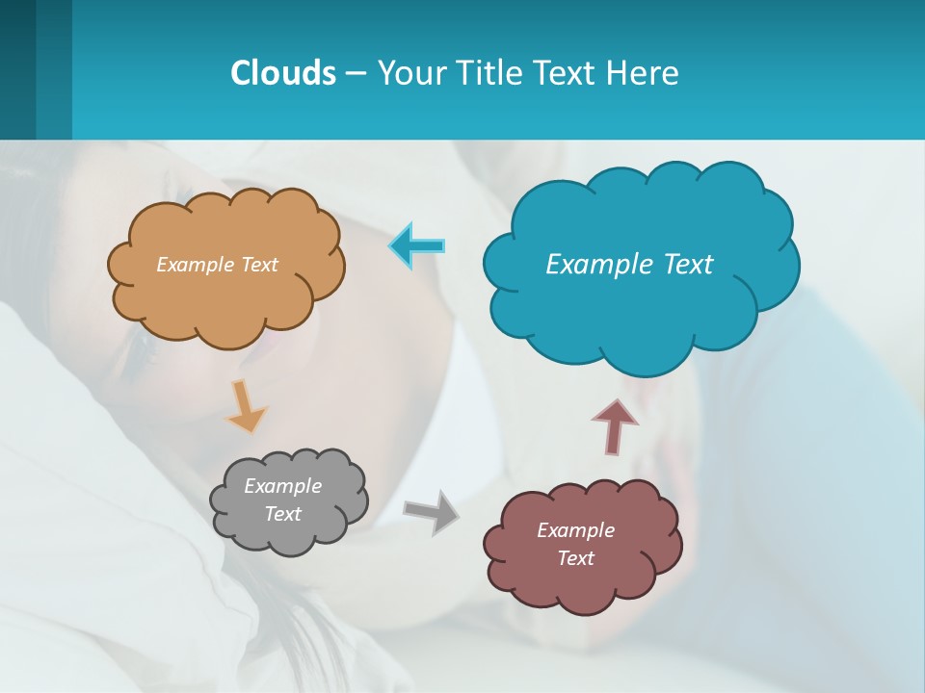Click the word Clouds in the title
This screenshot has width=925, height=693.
(x=282, y=72)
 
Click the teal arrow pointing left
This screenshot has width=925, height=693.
(x=417, y=245)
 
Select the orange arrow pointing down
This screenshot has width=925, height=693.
(x=246, y=405)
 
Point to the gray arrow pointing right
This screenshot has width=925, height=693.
(x=432, y=511)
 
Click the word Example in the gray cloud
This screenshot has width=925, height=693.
(x=282, y=486)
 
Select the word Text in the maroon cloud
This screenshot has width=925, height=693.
(x=575, y=558)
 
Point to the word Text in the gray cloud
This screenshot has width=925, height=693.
(x=282, y=514)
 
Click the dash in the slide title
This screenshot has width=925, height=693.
(x=356, y=73)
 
